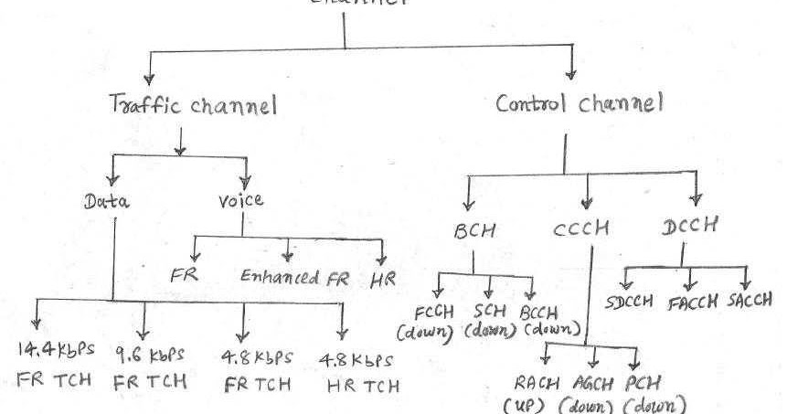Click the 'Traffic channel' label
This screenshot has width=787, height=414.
click(x=193, y=107)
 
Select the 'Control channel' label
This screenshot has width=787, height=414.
click(x=580, y=103)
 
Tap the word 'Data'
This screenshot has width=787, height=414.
click(x=109, y=201)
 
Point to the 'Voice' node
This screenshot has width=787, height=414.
click(x=242, y=201)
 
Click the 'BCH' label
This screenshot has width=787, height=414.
click(x=474, y=231)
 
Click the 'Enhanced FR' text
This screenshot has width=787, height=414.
click(x=294, y=277)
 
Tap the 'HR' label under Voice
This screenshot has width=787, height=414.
click(x=382, y=275)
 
